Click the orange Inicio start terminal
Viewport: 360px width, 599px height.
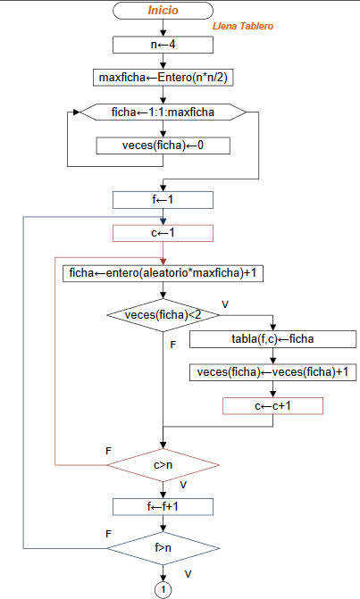pyautogui.click(x=163, y=11)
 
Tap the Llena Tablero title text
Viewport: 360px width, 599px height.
pyautogui.click(x=243, y=27)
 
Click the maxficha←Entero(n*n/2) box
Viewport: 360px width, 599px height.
pyautogui.click(x=163, y=77)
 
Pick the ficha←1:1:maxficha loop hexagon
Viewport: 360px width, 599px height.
pyautogui.click(x=163, y=112)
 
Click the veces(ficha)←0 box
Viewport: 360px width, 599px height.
pyautogui.click(x=163, y=145)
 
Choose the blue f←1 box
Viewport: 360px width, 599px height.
pyautogui.click(x=163, y=200)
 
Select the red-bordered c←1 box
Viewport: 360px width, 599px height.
pyautogui.click(x=163, y=233)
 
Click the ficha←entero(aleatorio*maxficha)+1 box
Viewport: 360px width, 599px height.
pyautogui.click(x=163, y=273)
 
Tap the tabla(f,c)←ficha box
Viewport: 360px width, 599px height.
pyautogui.click(x=273, y=339)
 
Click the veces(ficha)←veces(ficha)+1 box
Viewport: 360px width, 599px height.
pyautogui.click(x=273, y=372)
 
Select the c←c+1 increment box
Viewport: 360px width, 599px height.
pyautogui.click(x=273, y=405)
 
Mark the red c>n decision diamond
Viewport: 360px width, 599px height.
pyautogui.click(x=163, y=464)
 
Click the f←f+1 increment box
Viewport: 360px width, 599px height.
pyautogui.click(x=163, y=506)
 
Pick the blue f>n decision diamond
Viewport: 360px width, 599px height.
pyautogui.click(x=163, y=546)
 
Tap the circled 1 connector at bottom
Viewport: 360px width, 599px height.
pyautogui.click(x=163, y=589)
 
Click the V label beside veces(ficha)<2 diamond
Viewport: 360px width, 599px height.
pyautogui.click(x=225, y=304)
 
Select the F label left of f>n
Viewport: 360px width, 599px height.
pyautogui.click(x=108, y=533)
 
